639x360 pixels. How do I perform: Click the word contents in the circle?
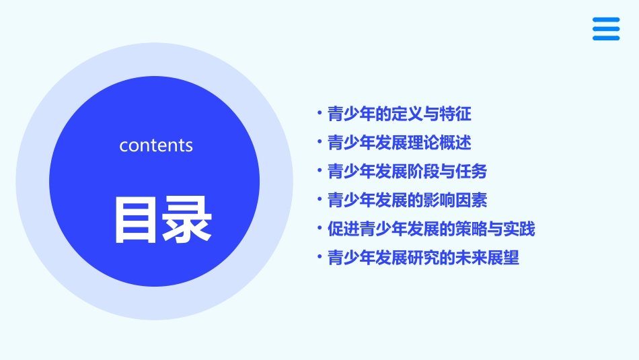click(156, 145)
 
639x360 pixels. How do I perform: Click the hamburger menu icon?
click(606, 29)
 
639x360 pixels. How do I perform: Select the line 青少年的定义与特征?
click(399, 114)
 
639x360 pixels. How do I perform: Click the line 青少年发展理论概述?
click(399, 143)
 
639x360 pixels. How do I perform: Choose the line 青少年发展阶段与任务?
click(407, 172)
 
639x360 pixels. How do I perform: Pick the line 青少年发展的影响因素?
click(407, 200)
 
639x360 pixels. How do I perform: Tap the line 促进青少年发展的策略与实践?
click(431, 229)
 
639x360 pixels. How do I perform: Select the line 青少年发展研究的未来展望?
click(423, 258)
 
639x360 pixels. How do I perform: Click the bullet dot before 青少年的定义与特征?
click(319, 113)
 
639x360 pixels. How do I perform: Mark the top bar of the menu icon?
click(606, 20)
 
